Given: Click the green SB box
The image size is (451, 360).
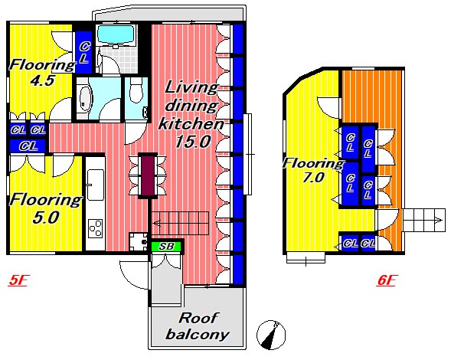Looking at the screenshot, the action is [166, 247].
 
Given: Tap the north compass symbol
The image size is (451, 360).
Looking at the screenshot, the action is [271, 335].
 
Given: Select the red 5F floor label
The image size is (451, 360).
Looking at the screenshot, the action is [18, 280].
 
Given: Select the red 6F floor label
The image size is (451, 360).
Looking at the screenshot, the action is [386, 280].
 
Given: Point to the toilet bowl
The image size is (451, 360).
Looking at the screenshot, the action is [136, 91].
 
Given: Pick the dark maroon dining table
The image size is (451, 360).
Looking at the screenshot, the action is [148, 176].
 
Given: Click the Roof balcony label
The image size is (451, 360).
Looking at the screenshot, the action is [198, 326].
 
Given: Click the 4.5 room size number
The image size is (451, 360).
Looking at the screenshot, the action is [42, 80].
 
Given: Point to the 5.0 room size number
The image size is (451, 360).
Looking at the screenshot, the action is [46, 218].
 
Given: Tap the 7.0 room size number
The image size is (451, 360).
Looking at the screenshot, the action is [313, 177].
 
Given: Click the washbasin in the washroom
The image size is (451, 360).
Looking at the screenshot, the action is [84, 97].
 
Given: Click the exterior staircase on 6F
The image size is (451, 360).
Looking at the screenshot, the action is [423, 220].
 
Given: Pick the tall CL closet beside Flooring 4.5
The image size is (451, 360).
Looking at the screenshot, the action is [83, 52].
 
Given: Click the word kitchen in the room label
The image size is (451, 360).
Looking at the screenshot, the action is [191, 124].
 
